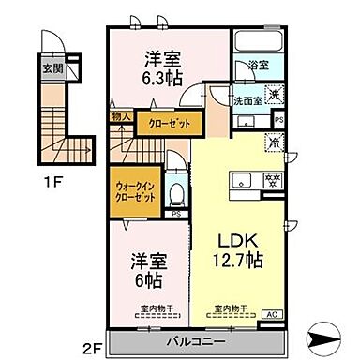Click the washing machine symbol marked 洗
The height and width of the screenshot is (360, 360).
(x=274, y=94)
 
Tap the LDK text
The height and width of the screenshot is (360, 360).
(x=235, y=238)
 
